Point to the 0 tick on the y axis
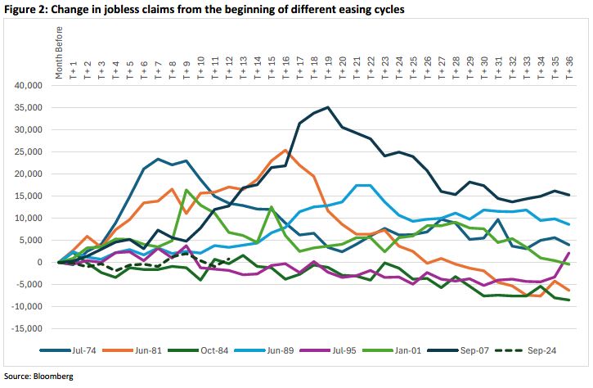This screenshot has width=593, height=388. (37, 262)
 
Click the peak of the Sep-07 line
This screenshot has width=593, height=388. (328, 107)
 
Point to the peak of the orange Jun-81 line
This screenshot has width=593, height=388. (285, 150)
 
